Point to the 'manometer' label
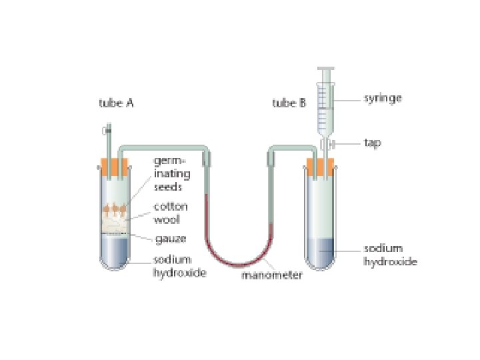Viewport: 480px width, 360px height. coord(271,275)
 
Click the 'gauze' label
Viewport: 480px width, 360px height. coord(170,238)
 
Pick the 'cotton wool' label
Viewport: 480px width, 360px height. coord(171,212)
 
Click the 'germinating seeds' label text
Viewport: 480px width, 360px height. coord(172,173)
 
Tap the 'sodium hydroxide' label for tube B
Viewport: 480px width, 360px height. coord(390,255)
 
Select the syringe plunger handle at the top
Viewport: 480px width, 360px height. coord(326,69)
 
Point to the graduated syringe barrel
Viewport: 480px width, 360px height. coord(326,107)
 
